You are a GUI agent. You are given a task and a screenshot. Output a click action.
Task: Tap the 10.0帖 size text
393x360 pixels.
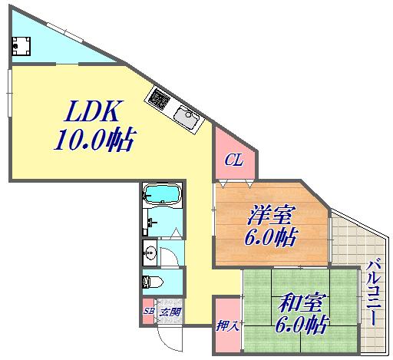click(94, 141)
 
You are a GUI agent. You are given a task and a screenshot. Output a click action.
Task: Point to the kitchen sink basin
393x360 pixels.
click(187, 118)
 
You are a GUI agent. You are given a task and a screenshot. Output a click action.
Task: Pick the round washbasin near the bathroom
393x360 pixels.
click(150, 253)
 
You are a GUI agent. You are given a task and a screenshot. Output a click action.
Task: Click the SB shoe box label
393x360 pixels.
click(148, 312)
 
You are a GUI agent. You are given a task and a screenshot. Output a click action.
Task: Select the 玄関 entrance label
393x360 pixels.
click(170, 312)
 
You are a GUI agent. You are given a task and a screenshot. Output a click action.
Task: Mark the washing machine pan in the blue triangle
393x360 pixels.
click(20, 47)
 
